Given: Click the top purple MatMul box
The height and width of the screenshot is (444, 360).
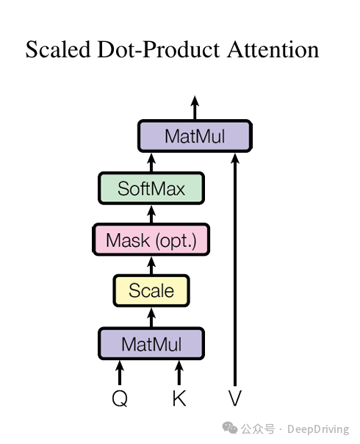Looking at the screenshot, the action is point(195,136).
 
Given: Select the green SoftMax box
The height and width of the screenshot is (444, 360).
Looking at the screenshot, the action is point(151,188).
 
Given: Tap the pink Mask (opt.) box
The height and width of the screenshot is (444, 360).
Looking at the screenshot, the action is point(151,240).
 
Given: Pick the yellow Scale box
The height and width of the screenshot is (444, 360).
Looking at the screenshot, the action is point(151,290).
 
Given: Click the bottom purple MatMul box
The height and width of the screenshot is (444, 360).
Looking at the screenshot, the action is point(151,344).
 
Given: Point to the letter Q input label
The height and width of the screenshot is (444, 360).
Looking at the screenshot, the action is point(120,398).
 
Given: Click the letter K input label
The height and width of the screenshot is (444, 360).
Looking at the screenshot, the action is point(179,398).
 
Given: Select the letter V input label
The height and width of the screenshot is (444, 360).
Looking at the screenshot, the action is point(235,398).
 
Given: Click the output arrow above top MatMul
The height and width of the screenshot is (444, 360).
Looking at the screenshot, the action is point(195,107).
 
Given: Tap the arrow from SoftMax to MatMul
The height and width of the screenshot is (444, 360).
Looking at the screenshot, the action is point(151,162).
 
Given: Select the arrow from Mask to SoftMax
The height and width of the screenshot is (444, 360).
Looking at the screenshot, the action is point(151,215).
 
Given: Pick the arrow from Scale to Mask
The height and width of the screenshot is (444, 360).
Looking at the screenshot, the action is point(151,265).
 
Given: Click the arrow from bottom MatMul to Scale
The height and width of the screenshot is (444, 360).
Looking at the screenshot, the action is point(151,318).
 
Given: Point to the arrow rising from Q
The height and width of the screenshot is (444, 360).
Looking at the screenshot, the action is point(120,373).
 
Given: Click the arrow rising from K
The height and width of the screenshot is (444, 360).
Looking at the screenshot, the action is point(179,373).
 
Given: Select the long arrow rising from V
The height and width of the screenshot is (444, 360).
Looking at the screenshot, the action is point(235,270).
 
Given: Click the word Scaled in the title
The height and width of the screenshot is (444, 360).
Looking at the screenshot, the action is point(58,49).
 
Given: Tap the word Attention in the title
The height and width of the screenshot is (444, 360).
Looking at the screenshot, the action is point(273,49).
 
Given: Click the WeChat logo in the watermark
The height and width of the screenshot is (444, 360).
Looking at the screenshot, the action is point(229,428).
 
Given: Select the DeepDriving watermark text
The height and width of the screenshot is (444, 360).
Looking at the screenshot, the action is point(318,429).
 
